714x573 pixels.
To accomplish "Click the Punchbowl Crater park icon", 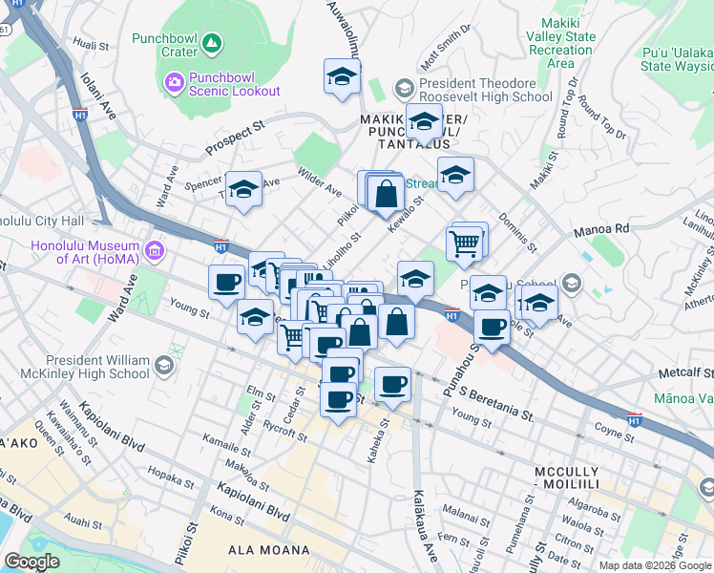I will tap(212, 44).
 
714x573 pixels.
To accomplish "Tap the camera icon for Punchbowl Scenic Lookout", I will tap(174, 82).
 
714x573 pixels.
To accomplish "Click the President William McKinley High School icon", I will tap(164, 365).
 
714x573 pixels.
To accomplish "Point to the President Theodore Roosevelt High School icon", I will tap(404, 89).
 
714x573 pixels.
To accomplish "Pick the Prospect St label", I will tap(235, 139).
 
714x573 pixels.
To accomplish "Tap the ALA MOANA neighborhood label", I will tap(268, 550).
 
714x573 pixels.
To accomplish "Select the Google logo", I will tap(32, 562).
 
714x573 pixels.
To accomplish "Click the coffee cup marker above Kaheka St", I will tap(392, 384).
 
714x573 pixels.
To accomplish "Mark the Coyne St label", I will tap(614, 433).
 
